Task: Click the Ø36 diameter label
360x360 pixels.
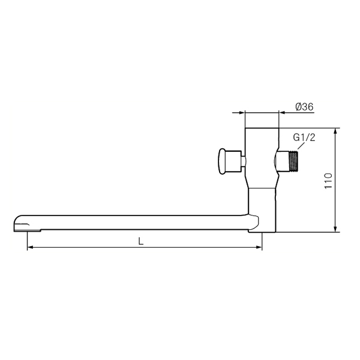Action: coord(304,107)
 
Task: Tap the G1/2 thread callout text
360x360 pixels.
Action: coord(304,137)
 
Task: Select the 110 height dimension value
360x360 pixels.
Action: coord(329,181)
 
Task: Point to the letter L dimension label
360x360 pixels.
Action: coord(140,241)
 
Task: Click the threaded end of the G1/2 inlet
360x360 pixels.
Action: coord(293,161)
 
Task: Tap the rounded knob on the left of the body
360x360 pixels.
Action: coord(222,161)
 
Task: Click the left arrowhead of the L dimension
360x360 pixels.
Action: coord(31,247)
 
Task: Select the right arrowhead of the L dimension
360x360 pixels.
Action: coord(259,247)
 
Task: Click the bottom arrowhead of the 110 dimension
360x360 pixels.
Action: coord(335,229)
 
